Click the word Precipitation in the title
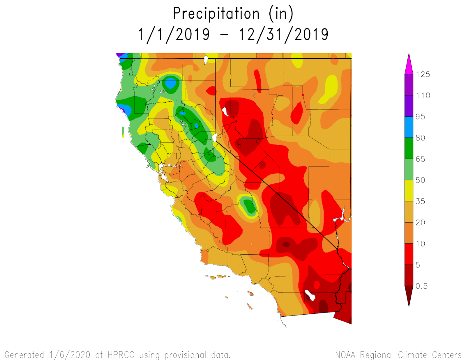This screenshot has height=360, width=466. coord(216,14)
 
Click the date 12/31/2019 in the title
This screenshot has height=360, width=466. coord(284,35)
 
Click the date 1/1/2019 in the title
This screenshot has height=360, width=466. coord(174,35)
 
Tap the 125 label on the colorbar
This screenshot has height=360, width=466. coord(423,75)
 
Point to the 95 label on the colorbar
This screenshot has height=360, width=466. coord(420,117)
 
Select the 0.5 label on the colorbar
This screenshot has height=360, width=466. coord(421,286)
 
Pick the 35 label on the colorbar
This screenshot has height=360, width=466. coord(420,201)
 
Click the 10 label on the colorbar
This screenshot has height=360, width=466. coord(420,244)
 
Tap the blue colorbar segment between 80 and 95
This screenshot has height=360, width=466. coord(409,127)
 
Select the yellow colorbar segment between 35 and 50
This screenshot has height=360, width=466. coord(409,190)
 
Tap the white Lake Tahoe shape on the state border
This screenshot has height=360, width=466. coord(215,137)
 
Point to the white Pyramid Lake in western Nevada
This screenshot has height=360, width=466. coord(225,111)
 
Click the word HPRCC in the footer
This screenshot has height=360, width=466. coord(121,355)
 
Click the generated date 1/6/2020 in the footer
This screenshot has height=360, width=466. coord(70,355)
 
